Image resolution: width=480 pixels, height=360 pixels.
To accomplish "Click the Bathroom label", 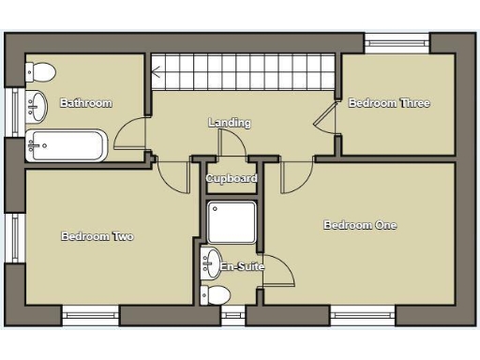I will tap(86, 103).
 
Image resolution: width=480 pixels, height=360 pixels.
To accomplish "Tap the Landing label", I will tap(229, 123).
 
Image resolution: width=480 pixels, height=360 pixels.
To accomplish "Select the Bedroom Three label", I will tap(389, 103).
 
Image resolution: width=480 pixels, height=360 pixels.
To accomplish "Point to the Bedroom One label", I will tap(360, 225).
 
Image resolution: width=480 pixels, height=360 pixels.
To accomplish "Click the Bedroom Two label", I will tap(97, 236).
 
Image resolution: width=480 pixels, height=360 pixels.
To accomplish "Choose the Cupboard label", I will tap(232, 178).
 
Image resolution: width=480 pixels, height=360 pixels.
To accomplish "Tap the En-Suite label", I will tap(242, 267).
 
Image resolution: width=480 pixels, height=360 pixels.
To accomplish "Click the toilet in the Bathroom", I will tap(40, 72).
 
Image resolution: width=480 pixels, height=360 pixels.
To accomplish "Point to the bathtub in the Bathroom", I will tap(67, 145).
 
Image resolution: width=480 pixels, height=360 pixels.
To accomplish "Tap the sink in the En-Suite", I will tap(211, 262).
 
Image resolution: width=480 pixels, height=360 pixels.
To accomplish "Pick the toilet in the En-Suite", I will tap(215, 295).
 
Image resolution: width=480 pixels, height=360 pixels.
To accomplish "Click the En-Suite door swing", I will tap(278, 271).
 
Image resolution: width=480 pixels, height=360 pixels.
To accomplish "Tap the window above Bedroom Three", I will tap(397, 41).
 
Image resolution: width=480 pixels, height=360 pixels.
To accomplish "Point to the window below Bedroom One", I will tap(362, 316).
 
